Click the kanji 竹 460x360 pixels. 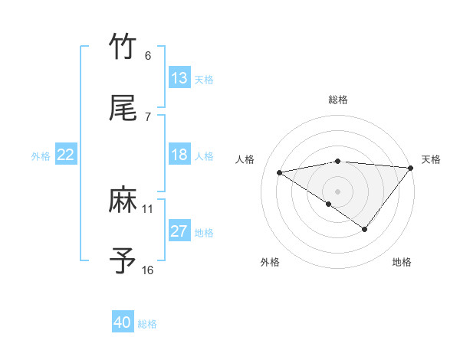(x=123, y=47)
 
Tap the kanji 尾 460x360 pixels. (x=123, y=110)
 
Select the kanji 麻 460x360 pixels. (x=123, y=201)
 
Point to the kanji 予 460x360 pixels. (x=123, y=261)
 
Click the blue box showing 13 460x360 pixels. (x=179, y=78)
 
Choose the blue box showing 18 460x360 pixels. (x=179, y=155)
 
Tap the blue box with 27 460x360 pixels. (x=179, y=231)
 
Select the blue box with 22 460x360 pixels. (x=66, y=155)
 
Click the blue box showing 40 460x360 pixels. (x=123, y=322)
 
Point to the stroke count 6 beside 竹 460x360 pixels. (x=148, y=56)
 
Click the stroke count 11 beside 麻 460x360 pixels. (x=148, y=208)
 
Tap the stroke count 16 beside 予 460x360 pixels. (x=148, y=270)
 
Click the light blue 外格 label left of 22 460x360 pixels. (x=41, y=156)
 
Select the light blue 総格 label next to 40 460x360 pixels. (x=147, y=324)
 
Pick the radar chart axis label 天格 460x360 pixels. (x=431, y=159)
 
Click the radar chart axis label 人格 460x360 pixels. (x=245, y=159)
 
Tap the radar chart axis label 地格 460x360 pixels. (x=402, y=262)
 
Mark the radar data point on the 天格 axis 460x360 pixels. (x=411, y=167)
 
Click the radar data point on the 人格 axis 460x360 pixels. (x=280, y=172)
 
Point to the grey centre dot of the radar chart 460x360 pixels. (x=337, y=191)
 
